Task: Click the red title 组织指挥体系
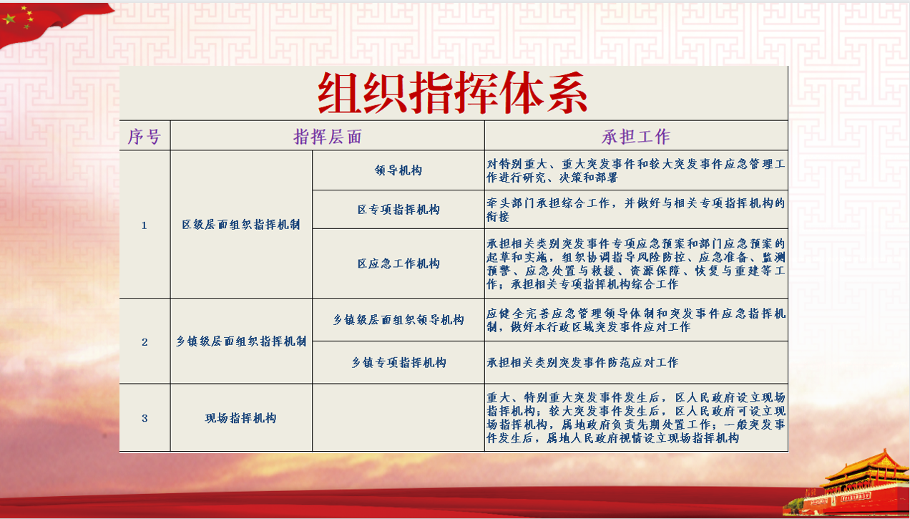tap(452, 92)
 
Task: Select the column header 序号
tap(145, 137)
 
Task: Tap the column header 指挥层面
tap(328, 137)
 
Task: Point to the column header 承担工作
tap(636, 137)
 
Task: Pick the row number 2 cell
tap(145, 342)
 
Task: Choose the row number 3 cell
tap(145, 418)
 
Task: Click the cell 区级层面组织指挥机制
tap(241, 224)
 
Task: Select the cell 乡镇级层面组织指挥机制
tap(241, 341)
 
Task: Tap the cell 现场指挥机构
tap(241, 418)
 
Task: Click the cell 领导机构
tap(398, 170)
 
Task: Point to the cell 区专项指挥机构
tap(398, 209)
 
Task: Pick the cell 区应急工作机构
tap(398, 263)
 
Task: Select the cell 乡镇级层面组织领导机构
tap(398, 320)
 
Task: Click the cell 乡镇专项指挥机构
tap(398, 362)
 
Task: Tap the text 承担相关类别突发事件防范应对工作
tap(582, 362)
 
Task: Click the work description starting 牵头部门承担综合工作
tap(636, 209)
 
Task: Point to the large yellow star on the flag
tap(9, 19)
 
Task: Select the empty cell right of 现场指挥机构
tap(398, 417)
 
